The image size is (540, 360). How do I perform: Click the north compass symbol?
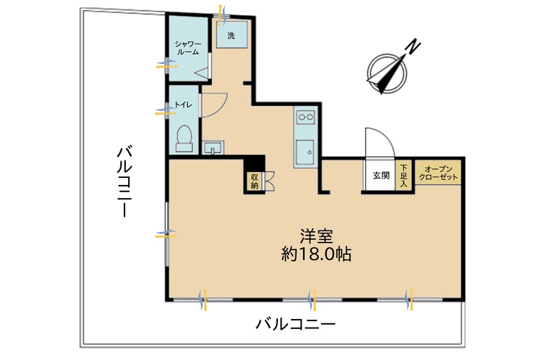[388, 71]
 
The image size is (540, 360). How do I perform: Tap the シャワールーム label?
[187, 48]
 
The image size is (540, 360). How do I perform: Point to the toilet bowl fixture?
[185, 137]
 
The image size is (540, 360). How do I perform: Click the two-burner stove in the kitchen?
[305, 117]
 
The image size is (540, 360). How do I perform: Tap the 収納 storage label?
[254, 181]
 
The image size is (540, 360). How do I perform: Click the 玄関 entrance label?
[381, 175]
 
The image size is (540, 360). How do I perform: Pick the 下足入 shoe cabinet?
[404, 175]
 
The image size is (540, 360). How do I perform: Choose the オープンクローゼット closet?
[437, 173]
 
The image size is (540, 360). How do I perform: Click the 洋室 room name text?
[317, 236]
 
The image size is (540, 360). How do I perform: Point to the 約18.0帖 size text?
[317, 254]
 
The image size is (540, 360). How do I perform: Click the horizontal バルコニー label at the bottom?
[295, 324]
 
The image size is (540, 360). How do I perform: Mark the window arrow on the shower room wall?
[166, 66]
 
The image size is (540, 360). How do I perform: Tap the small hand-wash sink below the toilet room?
[212, 148]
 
